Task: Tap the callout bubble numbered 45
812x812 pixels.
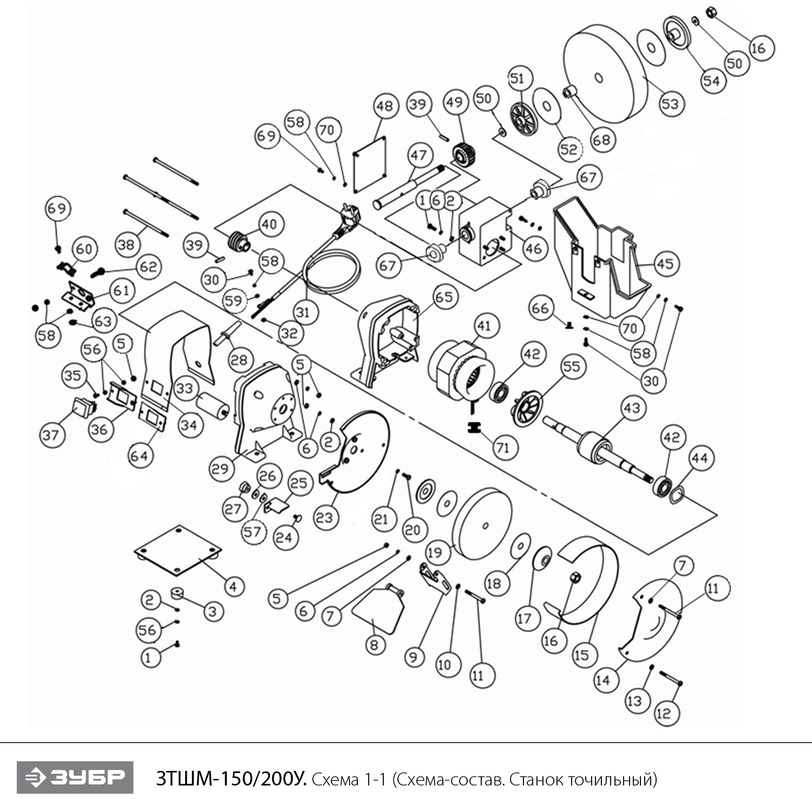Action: [665, 264]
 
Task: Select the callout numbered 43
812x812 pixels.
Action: [632, 408]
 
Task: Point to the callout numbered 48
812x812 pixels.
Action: [385, 106]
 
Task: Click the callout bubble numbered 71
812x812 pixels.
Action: [503, 448]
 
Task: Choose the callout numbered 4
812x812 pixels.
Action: [233, 586]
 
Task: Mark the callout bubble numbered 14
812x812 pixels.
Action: [603, 680]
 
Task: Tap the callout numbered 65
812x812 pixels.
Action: [444, 297]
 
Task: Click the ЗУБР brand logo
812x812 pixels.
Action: [75, 777]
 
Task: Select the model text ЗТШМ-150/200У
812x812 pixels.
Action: [231, 779]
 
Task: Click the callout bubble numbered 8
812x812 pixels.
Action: [374, 645]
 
